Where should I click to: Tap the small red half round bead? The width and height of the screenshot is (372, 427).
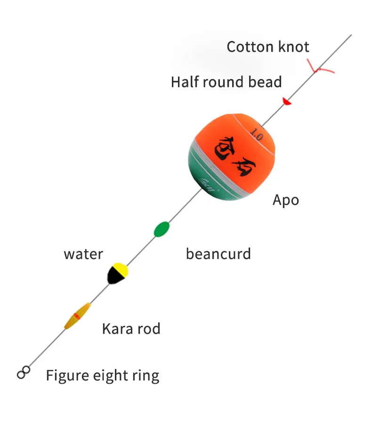pyautogui.click(x=286, y=101)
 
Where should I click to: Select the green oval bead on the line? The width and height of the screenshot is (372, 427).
pyautogui.click(x=162, y=229)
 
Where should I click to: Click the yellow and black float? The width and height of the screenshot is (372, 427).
pyautogui.click(x=117, y=273)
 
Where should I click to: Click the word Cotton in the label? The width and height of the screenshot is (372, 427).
pyautogui.click(x=248, y=47)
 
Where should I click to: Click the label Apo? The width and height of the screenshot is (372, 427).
pyautogui.click(x=285, y=200)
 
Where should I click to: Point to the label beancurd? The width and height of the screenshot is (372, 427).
pyautogui.click(x=218, y=254)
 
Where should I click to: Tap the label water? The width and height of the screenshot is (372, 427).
pyautogui.click(x=83, y=254)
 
